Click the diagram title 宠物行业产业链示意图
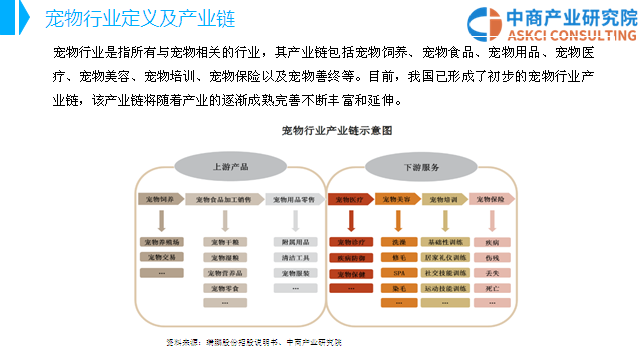pyautogui.click(x=336, y=131)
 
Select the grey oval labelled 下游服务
pyautogui.click(x=419, y=166)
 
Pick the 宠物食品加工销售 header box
pyautogui.click(x=223, y=200)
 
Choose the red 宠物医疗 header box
pyautogui.click(x=352, y=200)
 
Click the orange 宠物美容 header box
pyautogui.click(x=396, y=200)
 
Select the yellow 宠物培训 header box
pyautogui.click(x=445, y=200)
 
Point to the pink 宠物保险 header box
pyautogui.click(x=492, y=200)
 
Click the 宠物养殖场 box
pyautogui.click(x=161, y=242)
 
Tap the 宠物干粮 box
pyautogui.click(x=224, y=242)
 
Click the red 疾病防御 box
pyautogui.click(x=352, y=257)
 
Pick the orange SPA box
pyautogui.click(x=396, y=272)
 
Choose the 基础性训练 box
pyautogui.click(x=445, y=242)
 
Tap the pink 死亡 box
pyautogui.click(x=492, y=287)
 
